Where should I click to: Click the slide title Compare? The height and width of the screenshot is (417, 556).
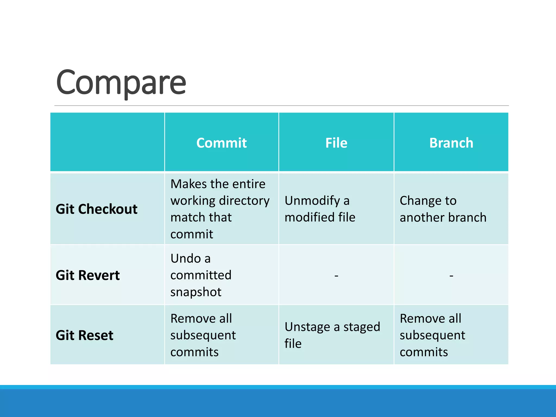pos(121,82)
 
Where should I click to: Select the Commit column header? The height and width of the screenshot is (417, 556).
pos(222,143)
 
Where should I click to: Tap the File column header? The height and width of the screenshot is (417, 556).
pos(336,143)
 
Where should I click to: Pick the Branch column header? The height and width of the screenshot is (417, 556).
pos(451,143)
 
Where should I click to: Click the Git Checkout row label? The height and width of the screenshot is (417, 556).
pos(96,209)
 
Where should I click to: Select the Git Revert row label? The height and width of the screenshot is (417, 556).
pos(87,275)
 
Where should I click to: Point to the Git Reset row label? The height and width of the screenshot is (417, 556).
pos(84,335)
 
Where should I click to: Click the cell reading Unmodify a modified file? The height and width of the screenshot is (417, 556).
pos(320,209)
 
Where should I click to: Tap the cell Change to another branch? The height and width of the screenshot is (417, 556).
pos(443,209)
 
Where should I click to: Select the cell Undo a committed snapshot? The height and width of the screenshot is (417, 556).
pos(201,275)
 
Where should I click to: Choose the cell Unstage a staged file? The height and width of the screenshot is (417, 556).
pos(332,335)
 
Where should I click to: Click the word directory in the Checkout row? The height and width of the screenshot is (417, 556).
pos(244,201)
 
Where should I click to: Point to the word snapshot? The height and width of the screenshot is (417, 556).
pos(196,292)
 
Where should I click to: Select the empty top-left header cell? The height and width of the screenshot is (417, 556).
pos(107,142)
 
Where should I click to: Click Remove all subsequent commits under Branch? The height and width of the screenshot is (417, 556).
pos(432,335)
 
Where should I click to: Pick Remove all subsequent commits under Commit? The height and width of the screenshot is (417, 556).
pos(203,335)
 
